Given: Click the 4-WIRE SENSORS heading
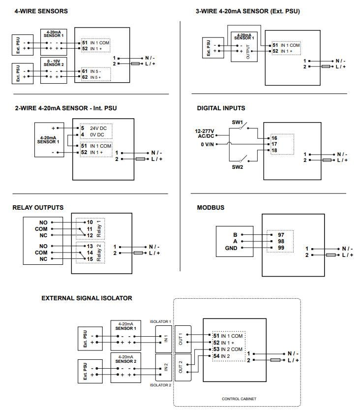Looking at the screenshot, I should [x=41, y=11].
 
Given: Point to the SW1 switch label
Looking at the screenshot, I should [x=237, y=121].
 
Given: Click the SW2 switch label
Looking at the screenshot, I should [x=238, y=167].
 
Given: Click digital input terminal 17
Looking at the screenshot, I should [x=274, y=144].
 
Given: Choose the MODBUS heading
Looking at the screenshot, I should [x=210, y=207].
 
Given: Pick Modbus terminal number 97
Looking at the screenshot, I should [x=281, y=235].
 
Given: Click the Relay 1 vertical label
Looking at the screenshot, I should [x=99, y=228].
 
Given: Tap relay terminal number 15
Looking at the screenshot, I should [x=90, y=259].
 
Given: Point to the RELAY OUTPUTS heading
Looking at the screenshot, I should [x=38, y=207].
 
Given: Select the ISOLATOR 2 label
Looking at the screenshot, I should [x=160, y=385].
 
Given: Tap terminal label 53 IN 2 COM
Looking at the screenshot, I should [x=228, y=349].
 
